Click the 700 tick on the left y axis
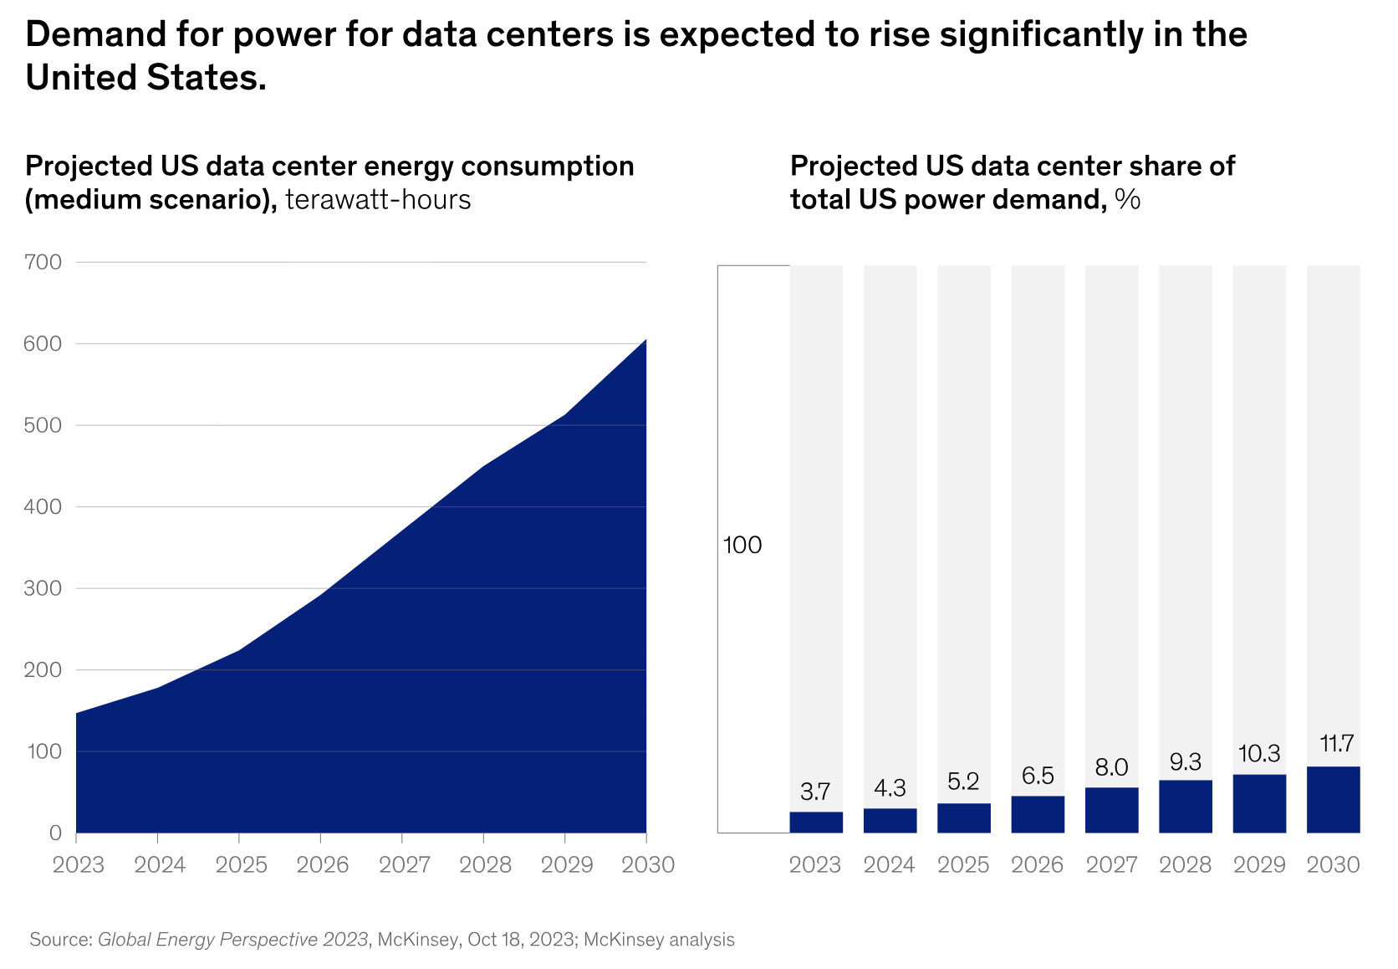point(45,262)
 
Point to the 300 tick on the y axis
point(45,588)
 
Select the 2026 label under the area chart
point(323,864)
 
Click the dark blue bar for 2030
point(1333,799)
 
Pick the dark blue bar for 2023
point(816,822)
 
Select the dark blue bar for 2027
point(1111,810)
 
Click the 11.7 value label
point(1336,743)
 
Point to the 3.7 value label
point(815,791)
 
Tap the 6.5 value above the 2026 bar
point(1038,776)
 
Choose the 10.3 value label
point(1259,754)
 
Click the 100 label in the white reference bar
point(742,546)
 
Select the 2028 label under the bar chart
point(1186,864)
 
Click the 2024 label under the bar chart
point(890,864)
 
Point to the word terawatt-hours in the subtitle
point(378,200)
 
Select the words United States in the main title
point(145,78)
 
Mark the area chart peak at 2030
point(645,340)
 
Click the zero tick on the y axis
point(55,833)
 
